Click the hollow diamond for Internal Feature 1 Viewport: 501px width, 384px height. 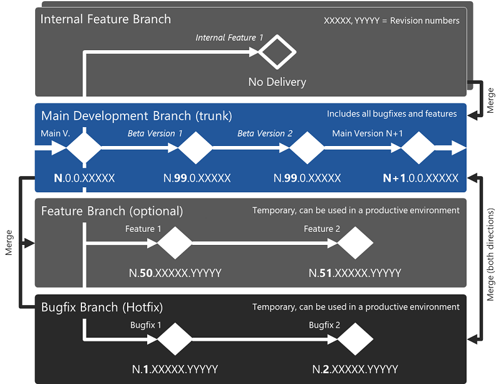277,52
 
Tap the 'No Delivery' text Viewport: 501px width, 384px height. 277,82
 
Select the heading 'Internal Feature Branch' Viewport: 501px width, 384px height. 105,19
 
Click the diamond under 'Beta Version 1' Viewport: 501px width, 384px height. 196,148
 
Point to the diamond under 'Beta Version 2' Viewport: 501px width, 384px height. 306,148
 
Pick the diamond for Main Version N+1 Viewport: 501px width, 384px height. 418,148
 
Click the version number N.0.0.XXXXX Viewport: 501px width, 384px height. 85,178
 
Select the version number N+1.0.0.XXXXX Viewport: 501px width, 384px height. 420,178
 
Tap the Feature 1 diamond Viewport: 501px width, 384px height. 175,242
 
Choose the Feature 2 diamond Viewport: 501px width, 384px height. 355,242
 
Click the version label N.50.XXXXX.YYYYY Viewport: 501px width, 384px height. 175,273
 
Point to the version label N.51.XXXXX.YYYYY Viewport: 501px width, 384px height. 355,273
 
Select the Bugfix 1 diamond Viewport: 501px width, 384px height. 175,339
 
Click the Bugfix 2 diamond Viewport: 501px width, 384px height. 355,339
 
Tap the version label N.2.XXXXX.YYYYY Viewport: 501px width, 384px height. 355,369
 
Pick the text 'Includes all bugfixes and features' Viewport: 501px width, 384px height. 391,114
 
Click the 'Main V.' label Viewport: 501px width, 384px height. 51,133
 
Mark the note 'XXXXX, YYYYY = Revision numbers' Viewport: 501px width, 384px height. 391,21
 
